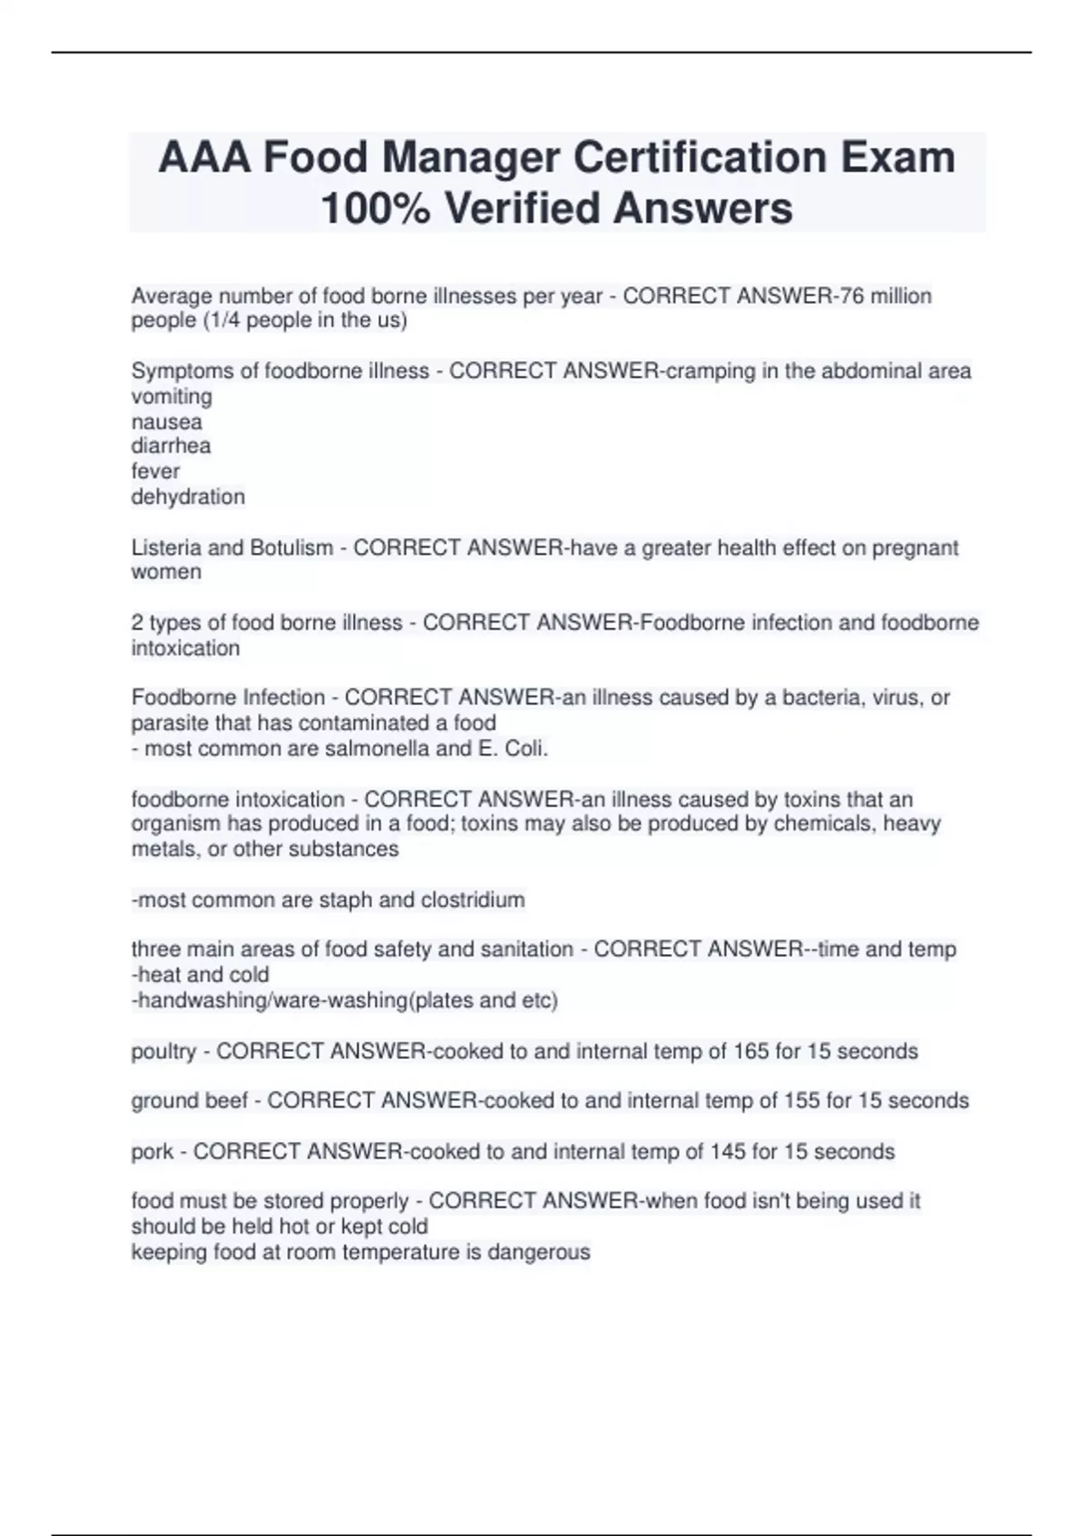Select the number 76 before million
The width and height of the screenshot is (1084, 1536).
[x=852, y=296]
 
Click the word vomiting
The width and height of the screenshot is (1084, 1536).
[x=172, y=397]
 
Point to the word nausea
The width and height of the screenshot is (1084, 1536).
[x=167, y=422]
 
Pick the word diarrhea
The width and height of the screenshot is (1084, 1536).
[x=172, y=446]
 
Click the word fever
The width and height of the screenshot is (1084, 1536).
[x=155, y=472]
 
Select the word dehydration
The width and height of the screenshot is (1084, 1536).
[x=188, y=497]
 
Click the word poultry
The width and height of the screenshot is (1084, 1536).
[x=164, y=1052]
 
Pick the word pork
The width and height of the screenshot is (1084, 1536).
[x=153, y=1152]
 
